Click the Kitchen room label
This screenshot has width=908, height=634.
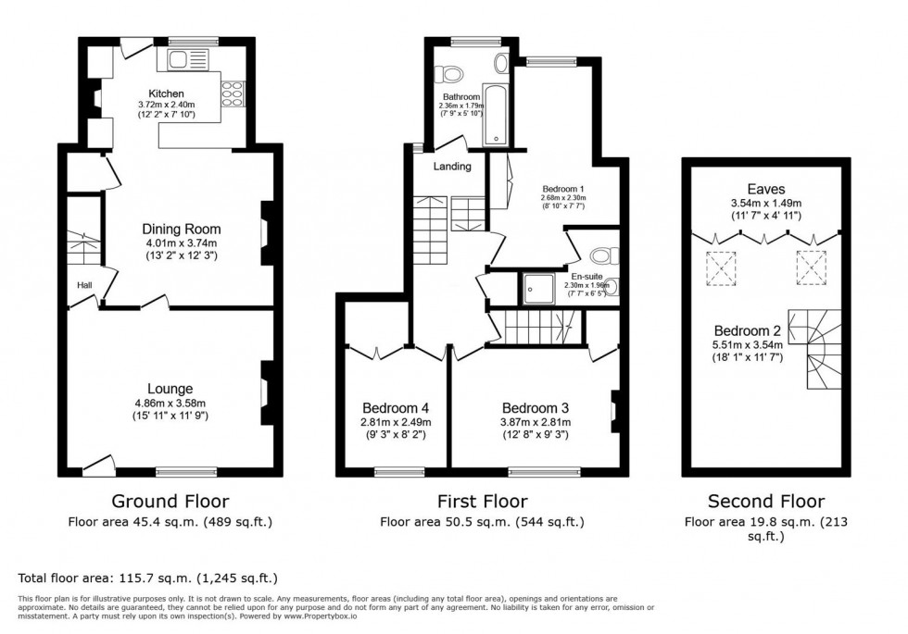tap(167, 93)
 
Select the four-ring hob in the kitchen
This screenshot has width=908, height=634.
tap(231, 93)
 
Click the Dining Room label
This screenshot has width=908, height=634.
tap(181, 229)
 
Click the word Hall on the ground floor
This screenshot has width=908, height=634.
tap(82, 285)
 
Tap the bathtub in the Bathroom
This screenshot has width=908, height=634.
tap(496, 117)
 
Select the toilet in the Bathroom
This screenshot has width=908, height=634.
tap(450, 72)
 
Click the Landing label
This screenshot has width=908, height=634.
tap(453, 167)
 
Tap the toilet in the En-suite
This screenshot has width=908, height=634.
tap(604, 255)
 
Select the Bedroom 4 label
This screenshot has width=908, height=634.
tap(396, 408)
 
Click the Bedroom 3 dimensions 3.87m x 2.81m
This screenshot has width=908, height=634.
tap(536, 422)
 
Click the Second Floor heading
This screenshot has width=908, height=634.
tap(765, 502)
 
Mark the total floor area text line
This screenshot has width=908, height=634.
tap(148, 578)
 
